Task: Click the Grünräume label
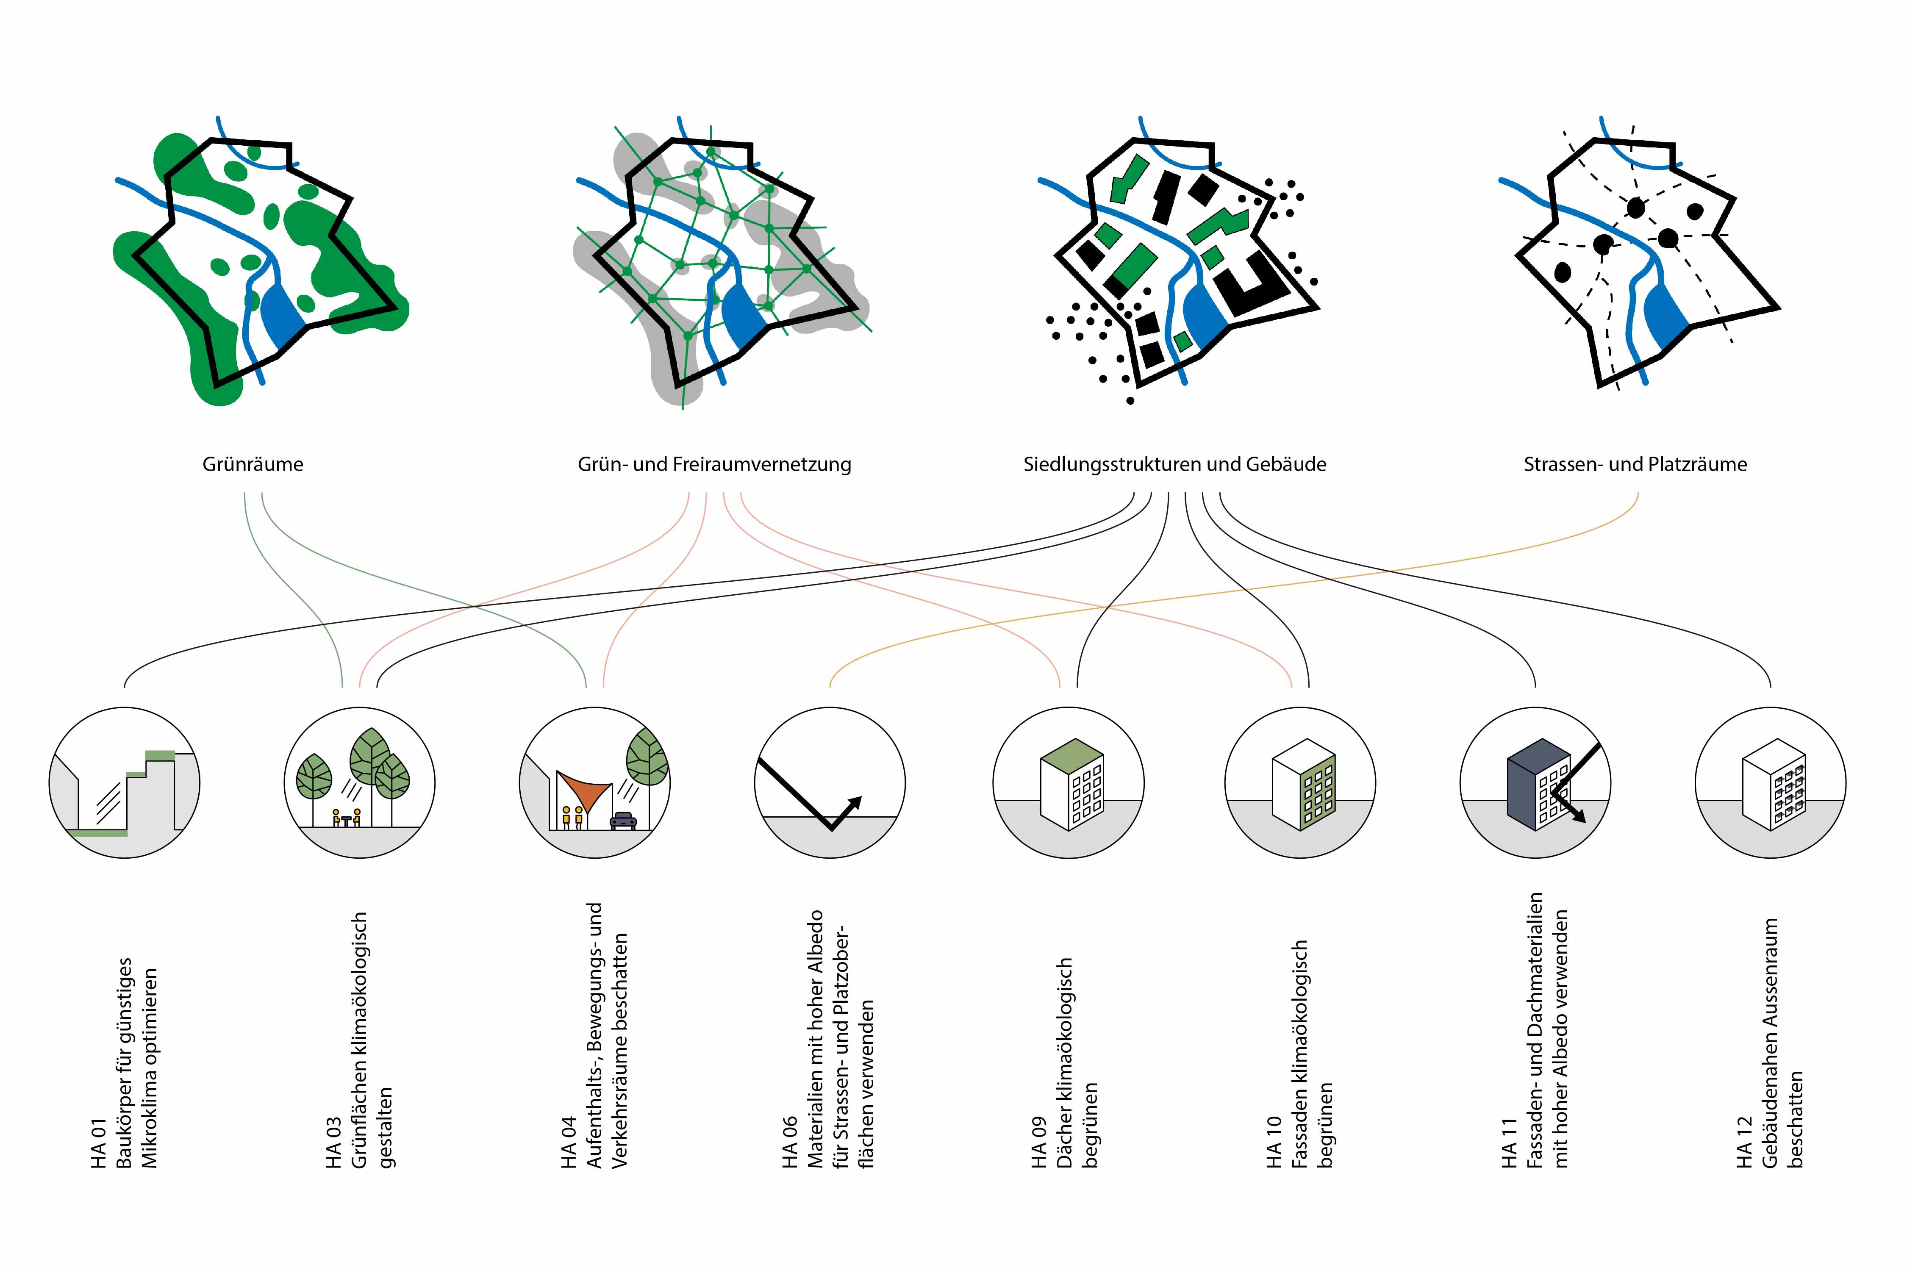(253, 464)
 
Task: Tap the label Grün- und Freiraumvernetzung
(714, 464)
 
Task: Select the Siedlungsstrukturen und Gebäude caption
(1175, 464)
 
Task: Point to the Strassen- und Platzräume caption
(1635, 464)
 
